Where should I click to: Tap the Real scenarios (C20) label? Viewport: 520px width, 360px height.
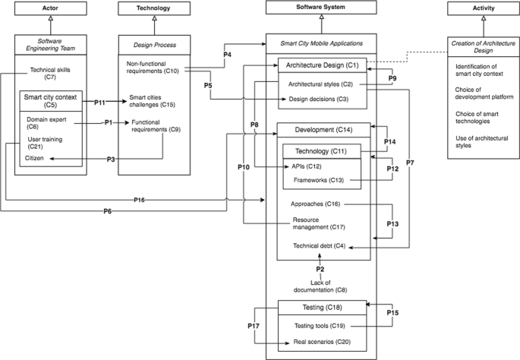coord(320,343)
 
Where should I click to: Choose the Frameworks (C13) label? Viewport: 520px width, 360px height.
coord(319,180)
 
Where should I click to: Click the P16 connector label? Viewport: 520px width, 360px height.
coord(139,200)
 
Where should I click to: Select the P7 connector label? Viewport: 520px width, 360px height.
coord(410,163)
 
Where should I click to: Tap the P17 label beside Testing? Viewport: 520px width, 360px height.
coord(254,326)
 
